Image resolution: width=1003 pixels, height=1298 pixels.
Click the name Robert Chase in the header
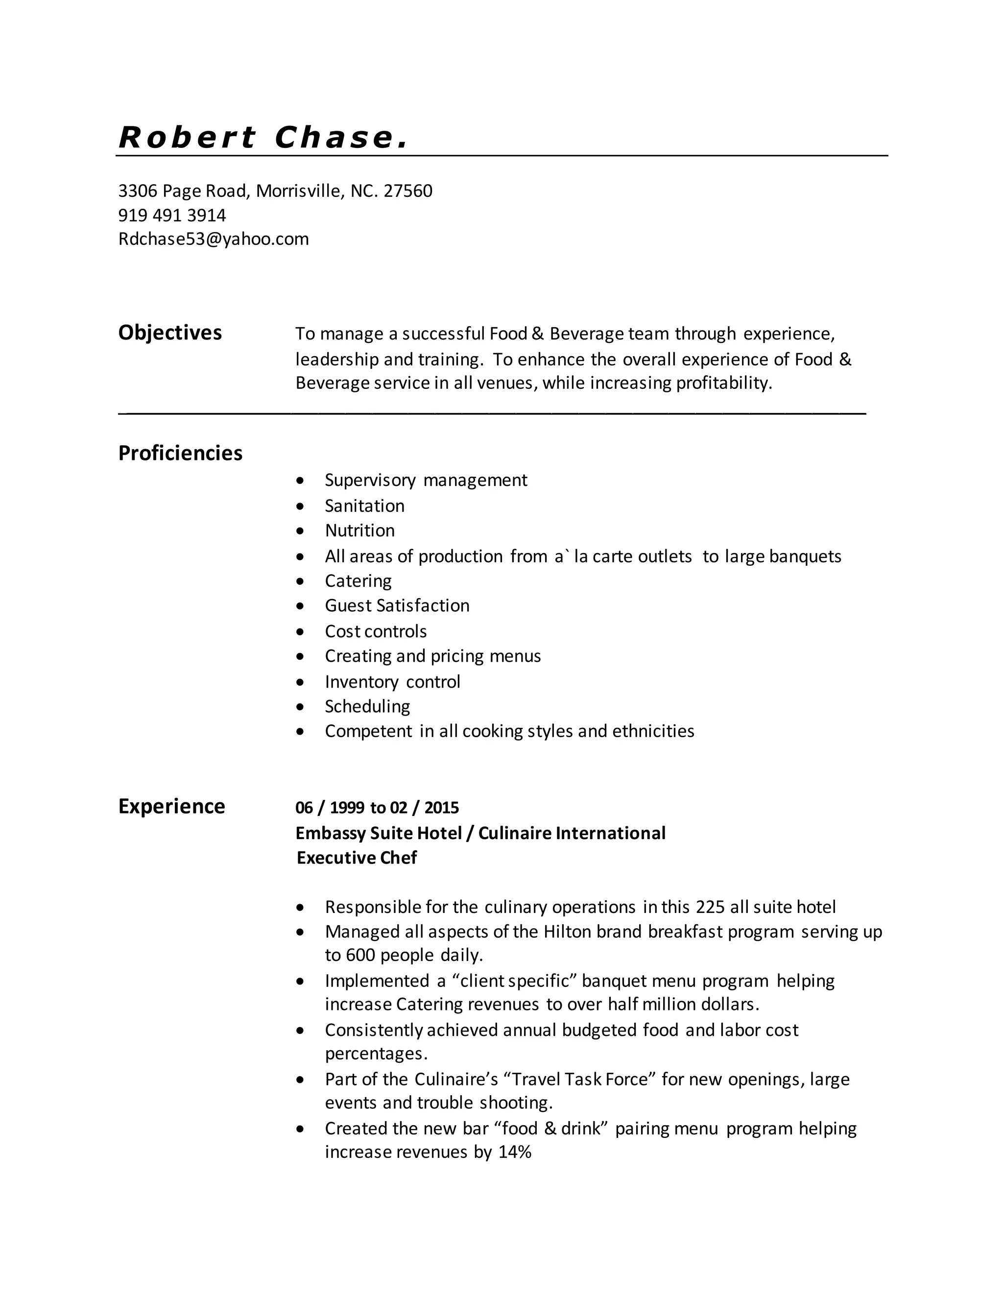click(263, 138)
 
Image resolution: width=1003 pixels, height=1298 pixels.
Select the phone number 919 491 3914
click(172, 215)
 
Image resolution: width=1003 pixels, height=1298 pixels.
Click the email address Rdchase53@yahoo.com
click(214, 239)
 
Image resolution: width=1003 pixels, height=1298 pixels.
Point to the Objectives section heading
click(170, 333)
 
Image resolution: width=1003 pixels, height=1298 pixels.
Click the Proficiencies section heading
click(180, 454)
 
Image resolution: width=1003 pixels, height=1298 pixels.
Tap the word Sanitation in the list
click(364, 506)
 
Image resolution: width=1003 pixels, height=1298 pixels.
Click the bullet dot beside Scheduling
click(301, 707)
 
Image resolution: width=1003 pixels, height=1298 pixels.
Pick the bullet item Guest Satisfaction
click(397, 605)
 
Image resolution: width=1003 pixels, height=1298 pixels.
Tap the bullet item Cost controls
click(376, 631)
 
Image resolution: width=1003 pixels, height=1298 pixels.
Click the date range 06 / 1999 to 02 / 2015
click(377, 808)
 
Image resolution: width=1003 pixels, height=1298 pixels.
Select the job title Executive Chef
click(357, 858)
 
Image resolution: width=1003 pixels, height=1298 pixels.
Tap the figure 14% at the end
click(515, 1152)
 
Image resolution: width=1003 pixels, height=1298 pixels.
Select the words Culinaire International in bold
click(572, 833)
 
